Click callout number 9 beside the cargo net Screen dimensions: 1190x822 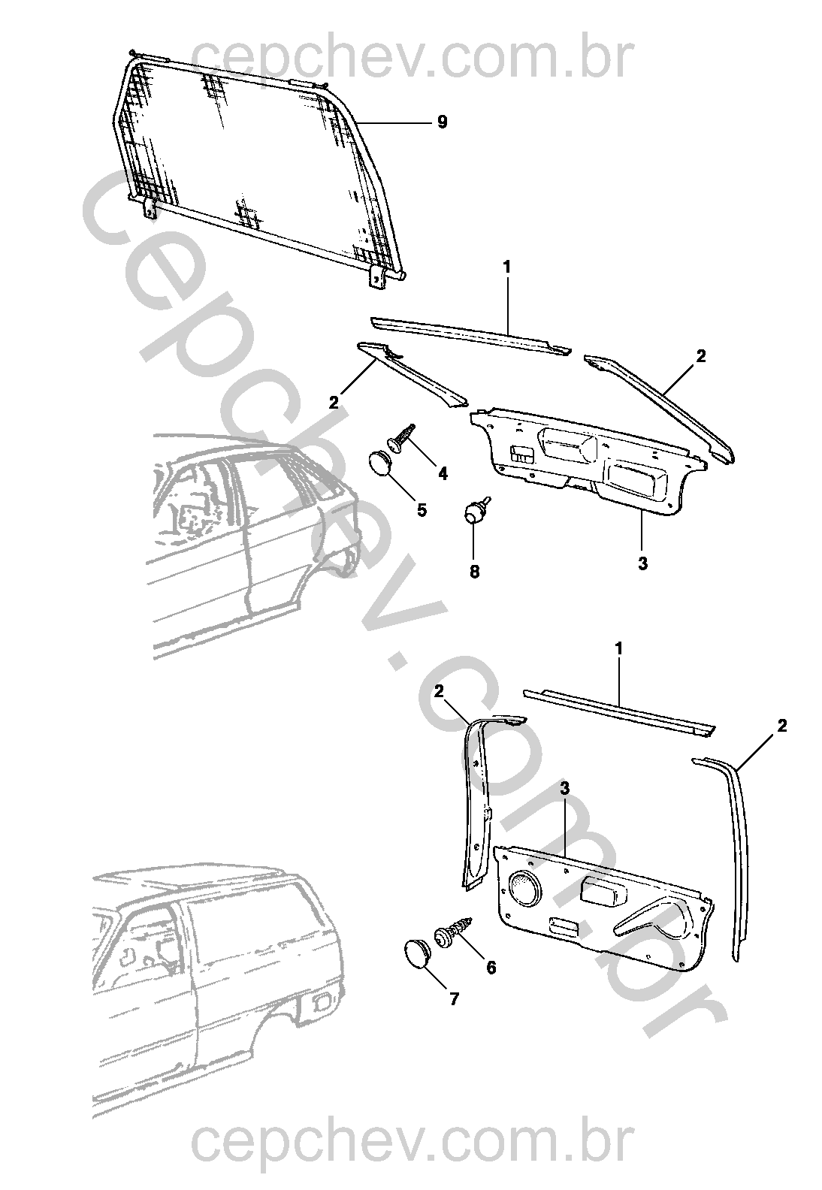pyautogui.click(x=442, y=122)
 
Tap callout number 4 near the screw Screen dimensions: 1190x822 pyautogui.click(x=443, y=473)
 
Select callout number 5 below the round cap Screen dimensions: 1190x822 pyautogui.click(x=421, y=510)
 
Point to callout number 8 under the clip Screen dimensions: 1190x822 pyautogui.click(x=474, y=571)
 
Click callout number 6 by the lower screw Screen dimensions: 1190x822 pyautogui.click(x=491, y=968)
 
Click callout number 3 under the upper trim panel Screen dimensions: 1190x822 pyautogui.click(x=642, y=563)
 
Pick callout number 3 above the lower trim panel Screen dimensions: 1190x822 pyautogui.click(x=564, y=788)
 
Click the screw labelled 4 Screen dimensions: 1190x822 pyautogui.click(x=403, y=438)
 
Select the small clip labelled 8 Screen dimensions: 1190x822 pyautogui.click(x=474, y=512)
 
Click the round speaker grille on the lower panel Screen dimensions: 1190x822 pyautogui.click(x=524, y=886)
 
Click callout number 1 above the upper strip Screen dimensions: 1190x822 pyautogui.click(x=507, y=267)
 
